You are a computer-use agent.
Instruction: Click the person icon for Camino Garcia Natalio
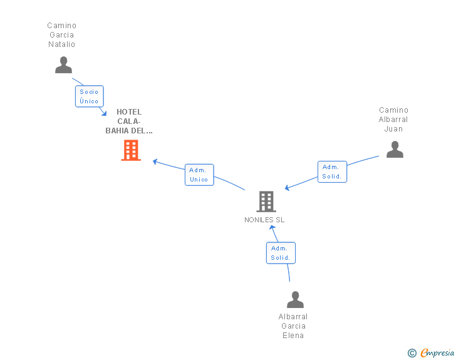(63, 64)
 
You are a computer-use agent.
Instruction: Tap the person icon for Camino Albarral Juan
(395, 149)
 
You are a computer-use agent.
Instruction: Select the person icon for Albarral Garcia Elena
(295, 299)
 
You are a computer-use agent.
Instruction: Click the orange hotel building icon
(131, 150)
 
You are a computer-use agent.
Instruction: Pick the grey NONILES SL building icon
(266, 201)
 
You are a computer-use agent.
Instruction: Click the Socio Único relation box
(89, 96)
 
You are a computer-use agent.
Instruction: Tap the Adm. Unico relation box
(199, 175)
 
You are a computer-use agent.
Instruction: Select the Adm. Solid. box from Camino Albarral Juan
(332, 172)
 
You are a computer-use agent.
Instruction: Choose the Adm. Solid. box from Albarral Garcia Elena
(280, 253)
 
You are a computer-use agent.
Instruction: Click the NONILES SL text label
(264, 220)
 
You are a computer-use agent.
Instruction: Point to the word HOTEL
(129, 112)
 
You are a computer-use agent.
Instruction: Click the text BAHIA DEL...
(129, 131)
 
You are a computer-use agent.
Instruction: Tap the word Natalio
(61, 44)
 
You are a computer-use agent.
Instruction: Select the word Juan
(393, 129)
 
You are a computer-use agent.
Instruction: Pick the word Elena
(293, 336)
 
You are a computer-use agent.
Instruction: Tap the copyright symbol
(412, 353)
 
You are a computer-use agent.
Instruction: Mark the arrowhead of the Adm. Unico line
(155, 162)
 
